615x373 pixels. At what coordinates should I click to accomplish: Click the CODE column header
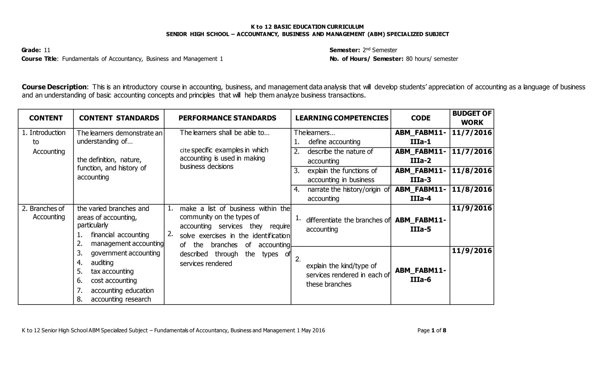[420, 118]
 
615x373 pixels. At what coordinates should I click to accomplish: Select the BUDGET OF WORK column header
[472, 118]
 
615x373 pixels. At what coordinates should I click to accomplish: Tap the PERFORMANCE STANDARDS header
[227, 118]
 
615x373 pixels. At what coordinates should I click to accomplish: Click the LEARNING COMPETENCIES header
[342, 118]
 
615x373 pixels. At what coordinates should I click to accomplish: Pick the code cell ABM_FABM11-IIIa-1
[420, 137]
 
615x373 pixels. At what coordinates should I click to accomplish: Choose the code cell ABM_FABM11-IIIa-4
[420, 194]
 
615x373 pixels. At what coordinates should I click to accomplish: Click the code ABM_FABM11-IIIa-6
[420, 275]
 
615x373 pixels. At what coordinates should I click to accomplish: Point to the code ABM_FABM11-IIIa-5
[420, 224]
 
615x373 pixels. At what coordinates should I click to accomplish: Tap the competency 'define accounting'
[334, 142]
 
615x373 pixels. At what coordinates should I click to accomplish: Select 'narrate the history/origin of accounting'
[348, 194]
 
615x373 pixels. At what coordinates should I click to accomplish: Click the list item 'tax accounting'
[112, 272]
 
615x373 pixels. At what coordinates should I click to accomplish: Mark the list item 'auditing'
[102, 263]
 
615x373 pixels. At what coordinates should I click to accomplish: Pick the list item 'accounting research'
[121, 299]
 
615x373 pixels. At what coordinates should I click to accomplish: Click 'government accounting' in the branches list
[125, 253]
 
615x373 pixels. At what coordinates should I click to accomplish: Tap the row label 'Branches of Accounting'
[44, 213]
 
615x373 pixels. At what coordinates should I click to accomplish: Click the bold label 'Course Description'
[54, 87]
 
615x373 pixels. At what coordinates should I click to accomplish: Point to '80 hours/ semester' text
[432, 59]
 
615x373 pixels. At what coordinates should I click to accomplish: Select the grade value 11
[47, 50]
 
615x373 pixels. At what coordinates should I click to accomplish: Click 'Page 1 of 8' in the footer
[432, 331]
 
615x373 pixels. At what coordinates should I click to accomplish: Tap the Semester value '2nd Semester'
[380, 50]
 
